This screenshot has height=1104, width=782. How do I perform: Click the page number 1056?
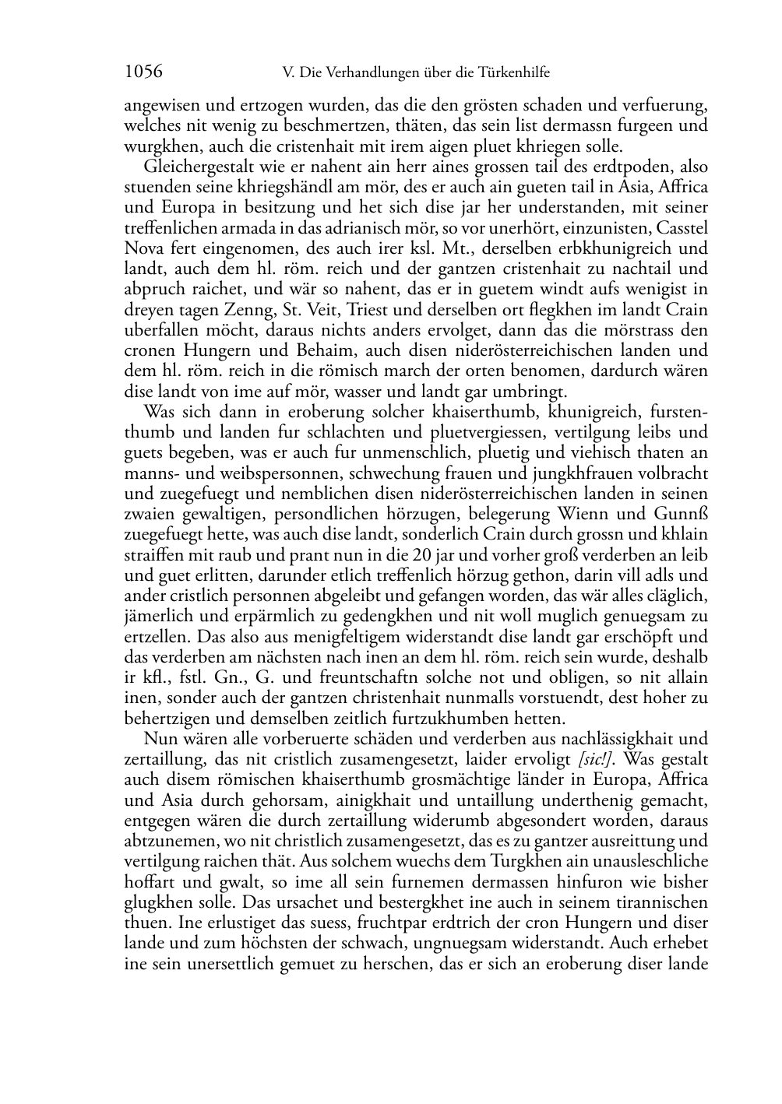(143, 72)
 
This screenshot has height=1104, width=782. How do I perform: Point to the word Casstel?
(682, 227)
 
